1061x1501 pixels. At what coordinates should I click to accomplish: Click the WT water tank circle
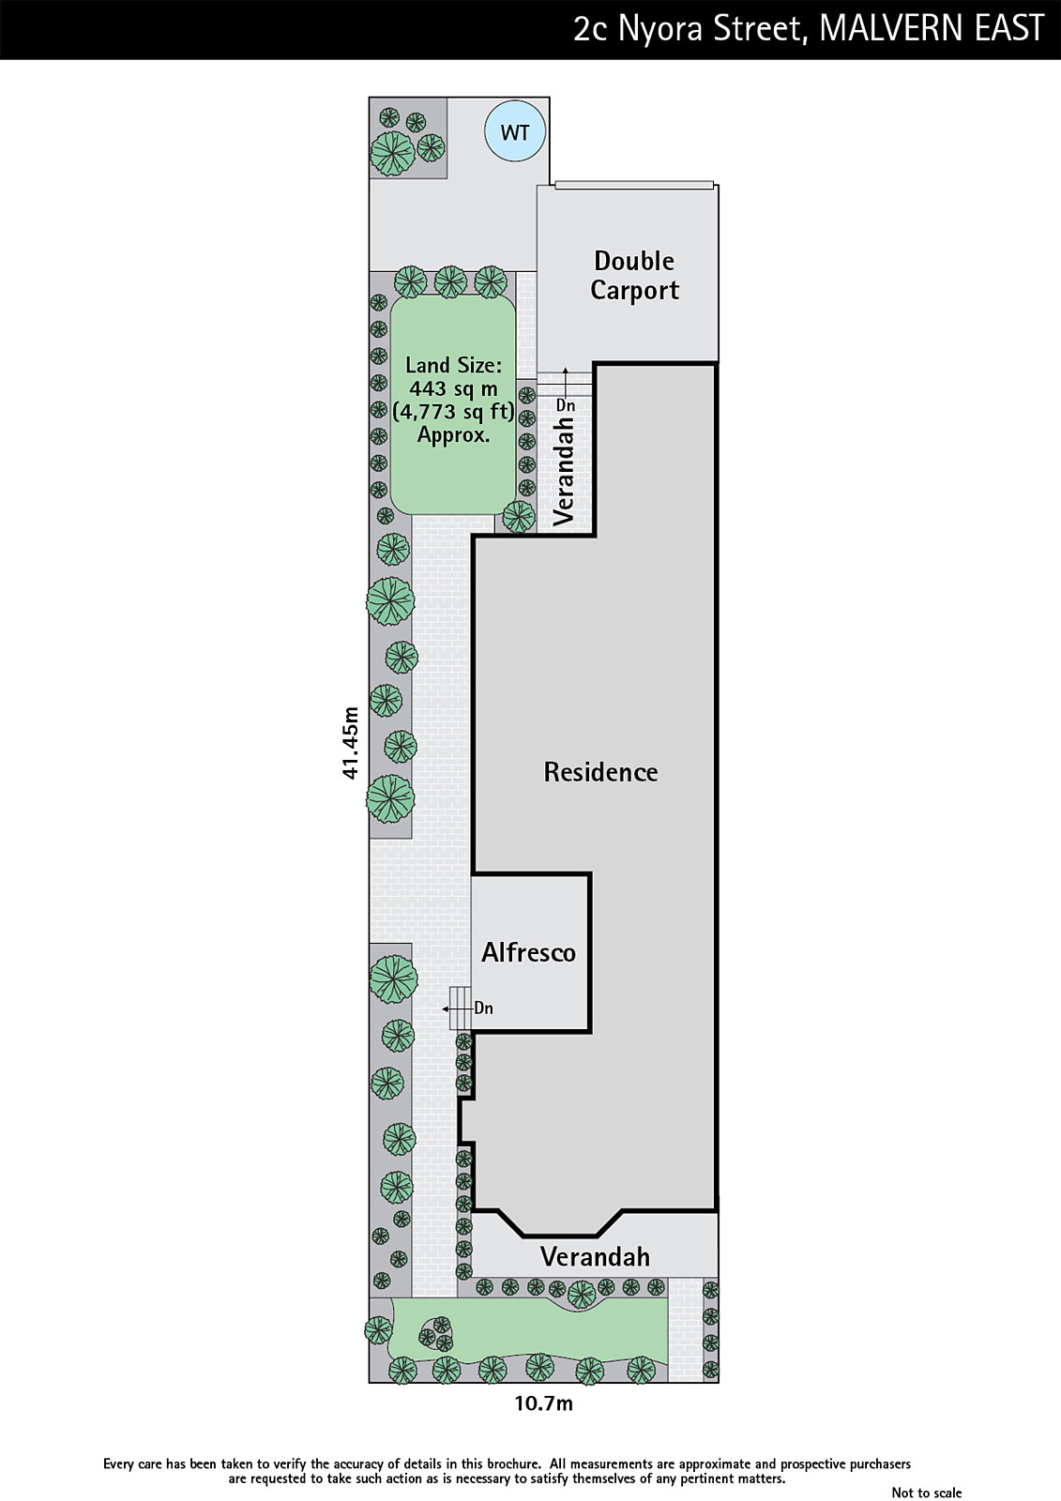tap(515, 132)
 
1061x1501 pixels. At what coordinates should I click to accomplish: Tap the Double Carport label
tap(634, 275)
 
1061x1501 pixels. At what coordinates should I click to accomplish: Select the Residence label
tap(600, 772)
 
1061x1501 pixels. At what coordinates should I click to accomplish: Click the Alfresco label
tap(528, 952)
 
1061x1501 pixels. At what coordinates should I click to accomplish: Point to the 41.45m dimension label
tap(350, 742)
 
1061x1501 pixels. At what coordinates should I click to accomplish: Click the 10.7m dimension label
tap(543, 1403)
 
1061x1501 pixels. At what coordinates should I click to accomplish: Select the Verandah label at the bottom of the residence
tap(595, 1256)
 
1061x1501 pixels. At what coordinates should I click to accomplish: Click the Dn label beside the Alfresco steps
tap(483, 1008)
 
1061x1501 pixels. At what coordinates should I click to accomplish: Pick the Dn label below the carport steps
tap(566, 405)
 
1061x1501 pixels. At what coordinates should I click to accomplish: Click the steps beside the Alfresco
tap(460, 1008)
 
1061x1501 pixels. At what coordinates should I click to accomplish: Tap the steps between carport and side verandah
tap(565, 384)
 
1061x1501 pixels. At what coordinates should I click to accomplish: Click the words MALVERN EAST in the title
tap(932, 28)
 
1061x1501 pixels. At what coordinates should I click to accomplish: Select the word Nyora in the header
tap(660, 29)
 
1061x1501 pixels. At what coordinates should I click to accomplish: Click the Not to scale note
tap(926, 1493)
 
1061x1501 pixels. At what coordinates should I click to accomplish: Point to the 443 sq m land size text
tap(453, 388)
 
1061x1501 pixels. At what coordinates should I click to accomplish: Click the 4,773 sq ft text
tap(453, 412)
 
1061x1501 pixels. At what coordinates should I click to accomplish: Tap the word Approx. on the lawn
tap(453, 435)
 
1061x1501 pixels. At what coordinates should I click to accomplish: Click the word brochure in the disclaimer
tap(512, 1463)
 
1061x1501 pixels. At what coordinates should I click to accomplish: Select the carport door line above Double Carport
tap(634, 185)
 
